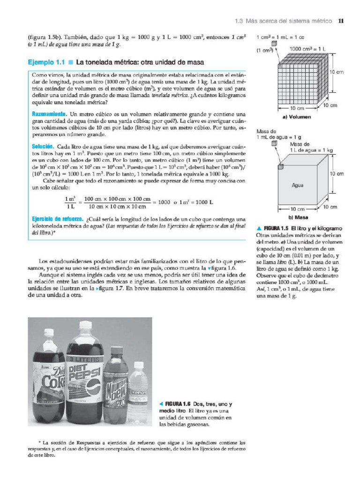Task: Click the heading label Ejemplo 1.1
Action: pyautogui.click(x=45, y=62)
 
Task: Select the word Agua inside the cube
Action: pyautogui.click(x=298, y=185)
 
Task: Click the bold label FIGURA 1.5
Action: pyautogui.click(x=276, y=228)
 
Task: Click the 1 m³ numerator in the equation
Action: pyautogui.click(x=70, y=198)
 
